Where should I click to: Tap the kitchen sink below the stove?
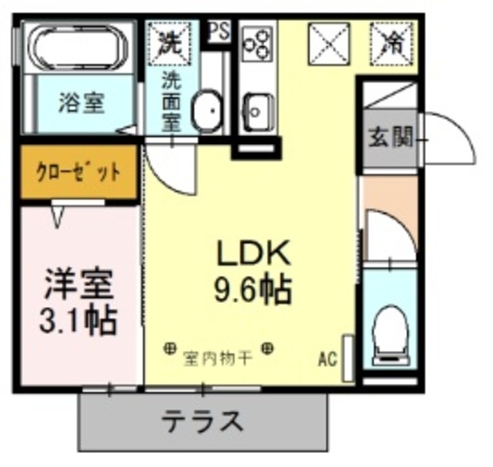coord(255,108)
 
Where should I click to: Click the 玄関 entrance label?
coord(389,138)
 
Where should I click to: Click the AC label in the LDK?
coord(327,358)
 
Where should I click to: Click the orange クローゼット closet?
coord(79,172)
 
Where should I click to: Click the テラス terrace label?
coord(203,421)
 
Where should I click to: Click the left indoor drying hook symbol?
coord(169,349)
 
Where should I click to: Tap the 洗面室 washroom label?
coord(170,100)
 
